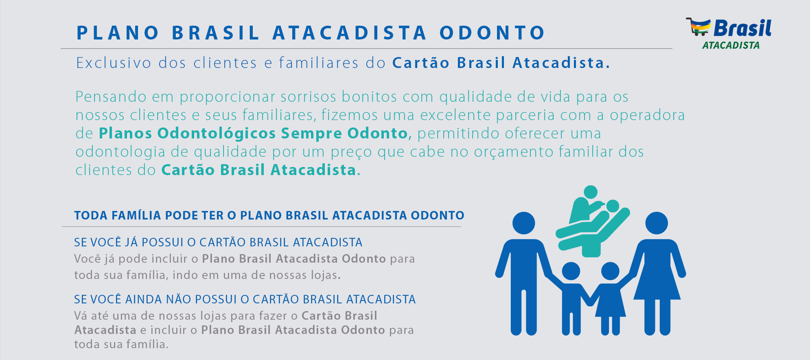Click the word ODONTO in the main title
coord(492,33)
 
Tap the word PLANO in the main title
coord(118,33)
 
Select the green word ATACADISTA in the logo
coord(731,45)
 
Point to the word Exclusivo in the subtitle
coord(114,63)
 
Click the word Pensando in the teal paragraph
coord(111,97)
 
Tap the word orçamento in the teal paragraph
coord(514,152)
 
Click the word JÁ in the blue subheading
coord(131,242)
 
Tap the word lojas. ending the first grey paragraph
coord(326,275)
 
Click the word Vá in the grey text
coord(81,316)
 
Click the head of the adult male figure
coord(523,223)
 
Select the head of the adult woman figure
coord(657,223)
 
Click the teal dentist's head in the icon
coord(591,192)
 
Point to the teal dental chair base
coord(591,248)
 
